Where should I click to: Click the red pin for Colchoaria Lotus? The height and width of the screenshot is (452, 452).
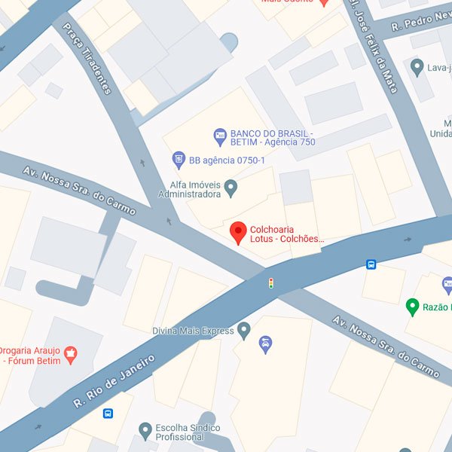[239, 233]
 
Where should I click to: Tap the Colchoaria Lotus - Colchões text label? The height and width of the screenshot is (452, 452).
[287, 234]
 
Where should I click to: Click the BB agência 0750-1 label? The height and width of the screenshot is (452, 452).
[227, 160]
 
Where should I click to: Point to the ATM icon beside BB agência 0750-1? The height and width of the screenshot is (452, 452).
[179, 160]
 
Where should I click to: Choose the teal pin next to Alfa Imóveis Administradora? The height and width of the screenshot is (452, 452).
[231, 188]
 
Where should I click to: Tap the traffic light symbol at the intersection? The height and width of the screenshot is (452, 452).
[270, 283]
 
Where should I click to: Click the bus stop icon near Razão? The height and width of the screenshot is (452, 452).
[371, 264]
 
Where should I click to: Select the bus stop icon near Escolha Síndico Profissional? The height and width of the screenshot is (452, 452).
[108, 414]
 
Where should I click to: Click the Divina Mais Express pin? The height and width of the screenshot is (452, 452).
[243, 330]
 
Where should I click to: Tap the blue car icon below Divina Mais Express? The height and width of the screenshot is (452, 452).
[264, 345]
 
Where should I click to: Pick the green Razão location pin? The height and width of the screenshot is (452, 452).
[412, 307]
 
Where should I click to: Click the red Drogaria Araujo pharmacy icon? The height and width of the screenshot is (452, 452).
[72, 353]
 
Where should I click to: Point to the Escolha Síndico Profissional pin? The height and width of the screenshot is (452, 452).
[145, 431]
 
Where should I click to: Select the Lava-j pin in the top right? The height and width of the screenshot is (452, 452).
[417, 69]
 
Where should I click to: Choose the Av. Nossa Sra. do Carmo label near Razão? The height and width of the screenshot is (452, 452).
[385, 346]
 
